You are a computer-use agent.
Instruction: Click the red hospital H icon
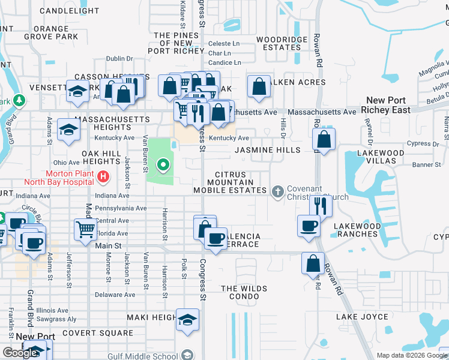(103, 177)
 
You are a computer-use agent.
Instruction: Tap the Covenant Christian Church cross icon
(277, 191)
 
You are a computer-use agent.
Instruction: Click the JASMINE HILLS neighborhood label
(267, 150)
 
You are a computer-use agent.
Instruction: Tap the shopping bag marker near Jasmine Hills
(324, 140)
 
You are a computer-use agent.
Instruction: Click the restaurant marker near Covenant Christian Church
(321, 206)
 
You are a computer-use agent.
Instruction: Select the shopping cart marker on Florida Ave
(85, 229)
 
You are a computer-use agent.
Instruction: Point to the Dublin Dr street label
(119, 58)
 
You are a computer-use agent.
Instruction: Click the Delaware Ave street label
(117, 295)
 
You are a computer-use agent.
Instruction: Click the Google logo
(20, 353)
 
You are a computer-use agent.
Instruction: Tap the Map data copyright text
(412, 355)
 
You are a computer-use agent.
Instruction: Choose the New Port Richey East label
(386, 105)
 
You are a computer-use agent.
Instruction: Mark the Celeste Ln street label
(224, 43)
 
